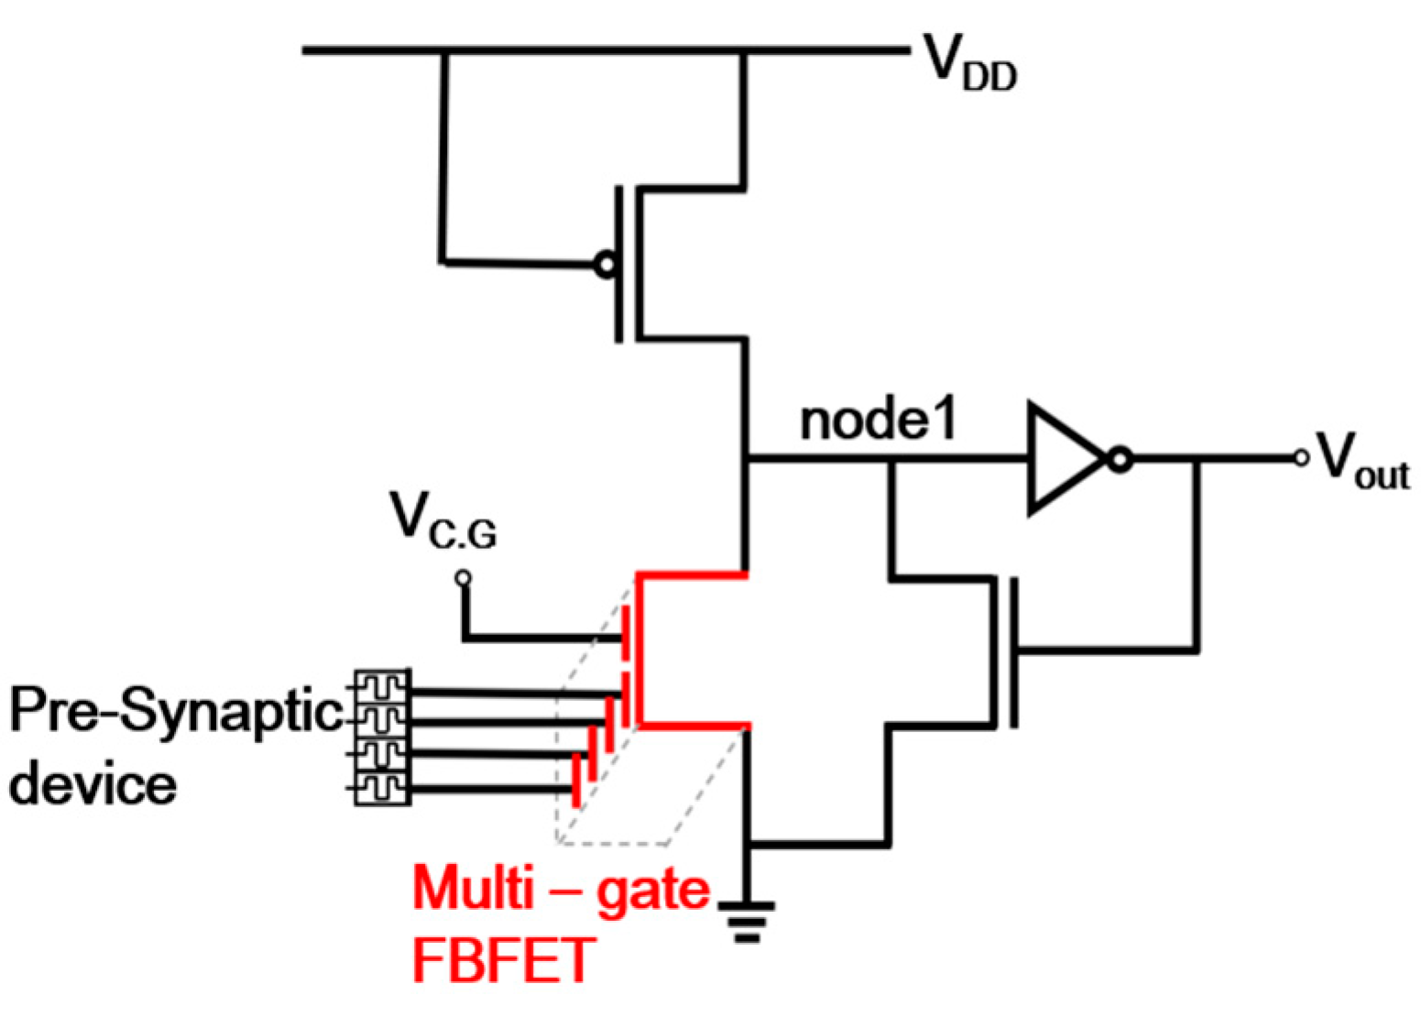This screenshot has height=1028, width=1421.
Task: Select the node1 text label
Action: click(x=878, y=421)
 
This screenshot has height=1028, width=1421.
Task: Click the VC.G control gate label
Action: click(x=443, y=520)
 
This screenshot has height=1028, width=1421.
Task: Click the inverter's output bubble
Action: click(x=1120, y=458)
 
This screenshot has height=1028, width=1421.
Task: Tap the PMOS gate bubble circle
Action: click(x=606, y=266)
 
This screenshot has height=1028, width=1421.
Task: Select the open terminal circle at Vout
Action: click(x=1301, y=458)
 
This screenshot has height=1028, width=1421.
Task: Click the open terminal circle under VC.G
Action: click(x=464, y=577)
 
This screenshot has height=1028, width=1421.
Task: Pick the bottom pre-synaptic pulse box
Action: click(x=382, y=788)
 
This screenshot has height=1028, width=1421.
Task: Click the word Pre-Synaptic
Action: click(x=174, y=713)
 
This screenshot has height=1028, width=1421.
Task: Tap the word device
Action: click(x=93, y=786)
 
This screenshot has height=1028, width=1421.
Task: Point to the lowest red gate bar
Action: click(x=576, y=781)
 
